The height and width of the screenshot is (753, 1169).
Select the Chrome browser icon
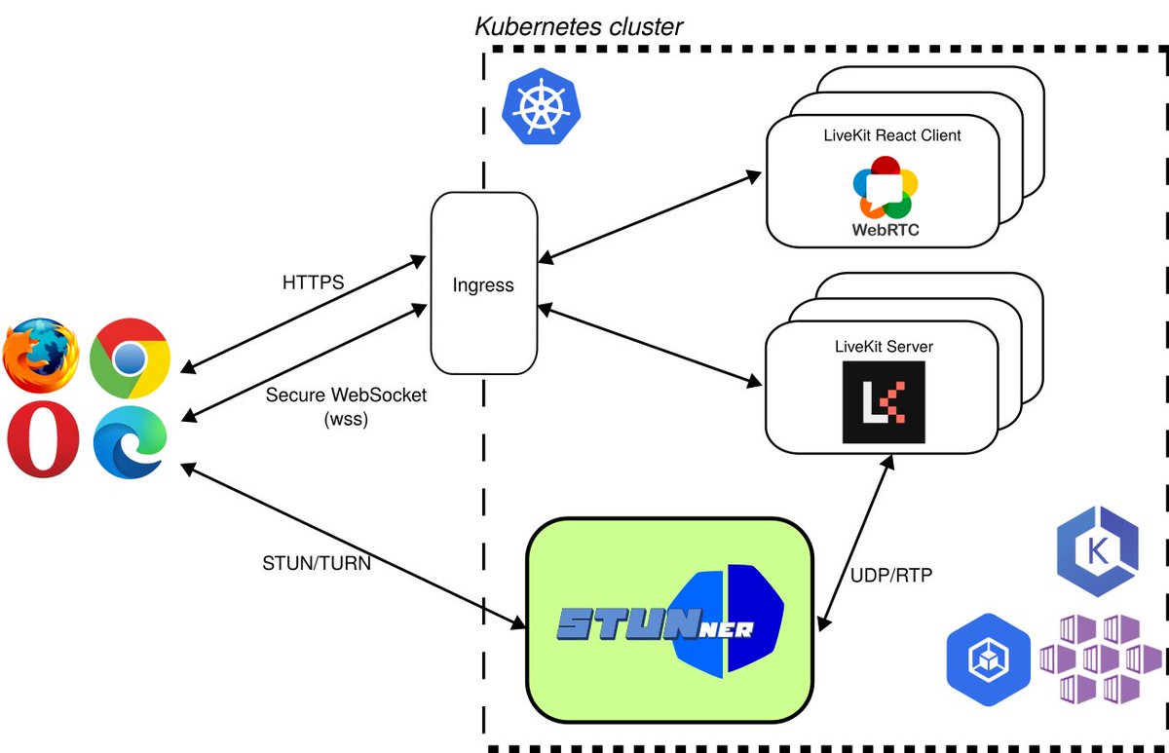[x=130, y=357]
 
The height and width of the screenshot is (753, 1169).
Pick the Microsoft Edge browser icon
[x=130, y=444]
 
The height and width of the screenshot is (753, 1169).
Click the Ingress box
[x=483, y=284]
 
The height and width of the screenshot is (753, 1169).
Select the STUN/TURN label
[x=316, y=562]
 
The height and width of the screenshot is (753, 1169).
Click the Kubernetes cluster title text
[x=579, y=25]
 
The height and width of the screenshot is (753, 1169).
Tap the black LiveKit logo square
[x=884, y=402]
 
